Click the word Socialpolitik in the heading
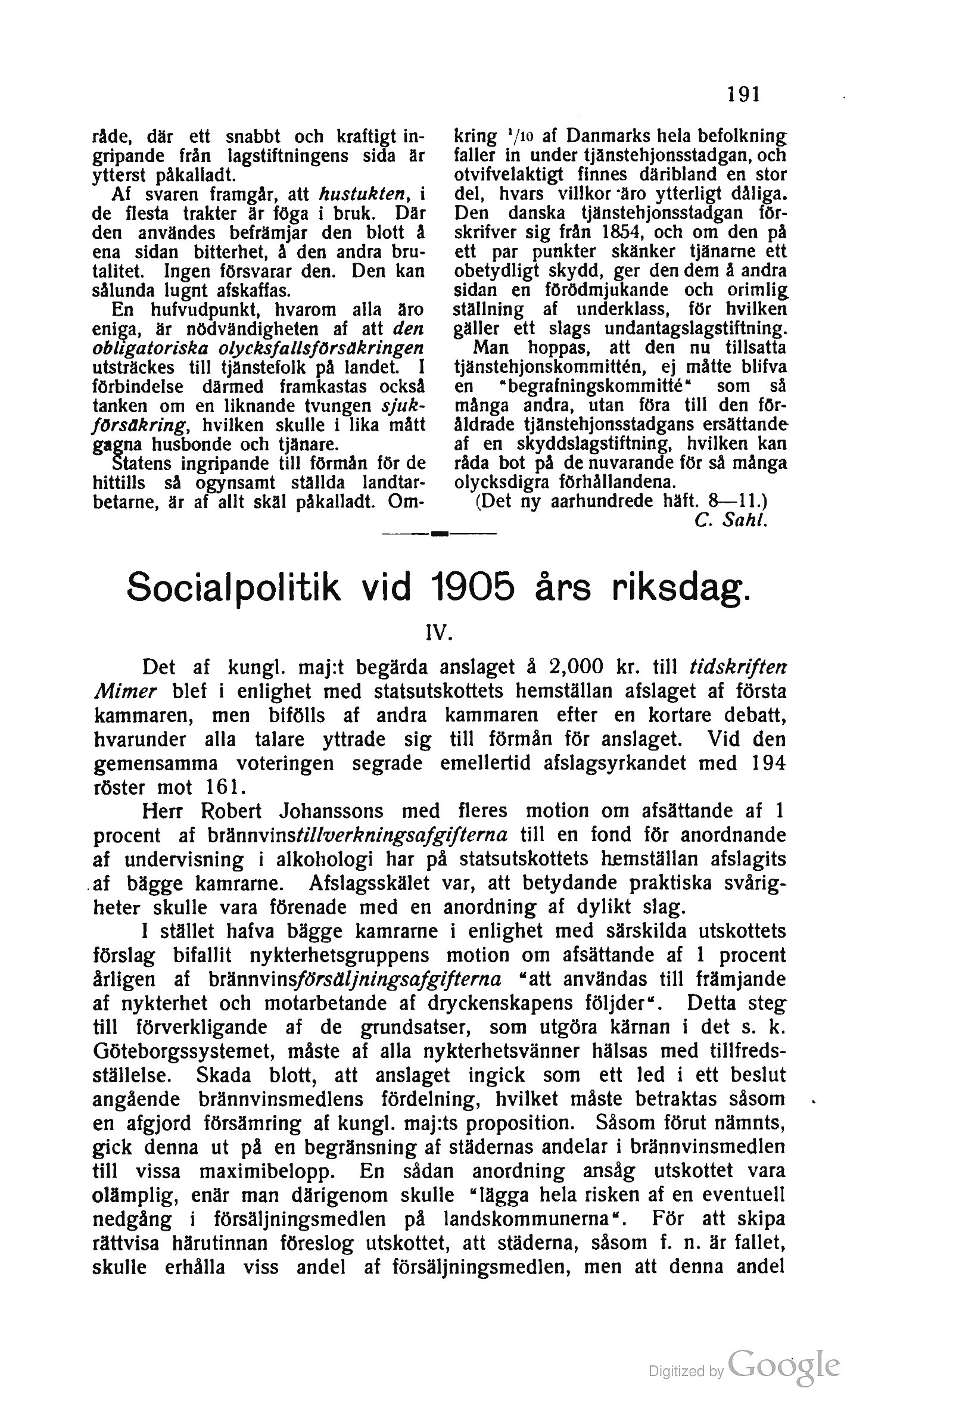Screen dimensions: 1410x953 pos(233,587)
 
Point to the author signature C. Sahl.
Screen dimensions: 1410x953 pos(731,520)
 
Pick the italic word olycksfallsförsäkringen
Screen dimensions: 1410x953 pos(258,349)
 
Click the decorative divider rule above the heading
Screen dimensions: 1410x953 pos(440,533)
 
